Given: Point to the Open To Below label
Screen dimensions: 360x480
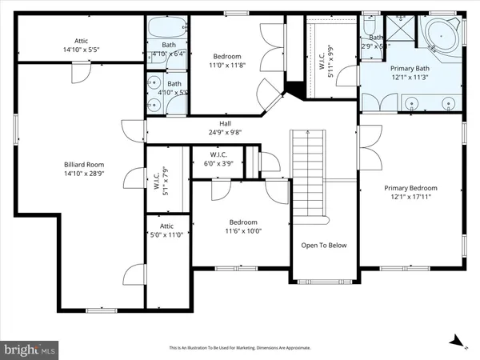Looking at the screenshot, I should pos(323,245).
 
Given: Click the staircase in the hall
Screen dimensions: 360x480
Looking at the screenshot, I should pos(309,172).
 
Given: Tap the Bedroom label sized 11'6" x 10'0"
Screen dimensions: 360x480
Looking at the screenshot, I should pos(243,230).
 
